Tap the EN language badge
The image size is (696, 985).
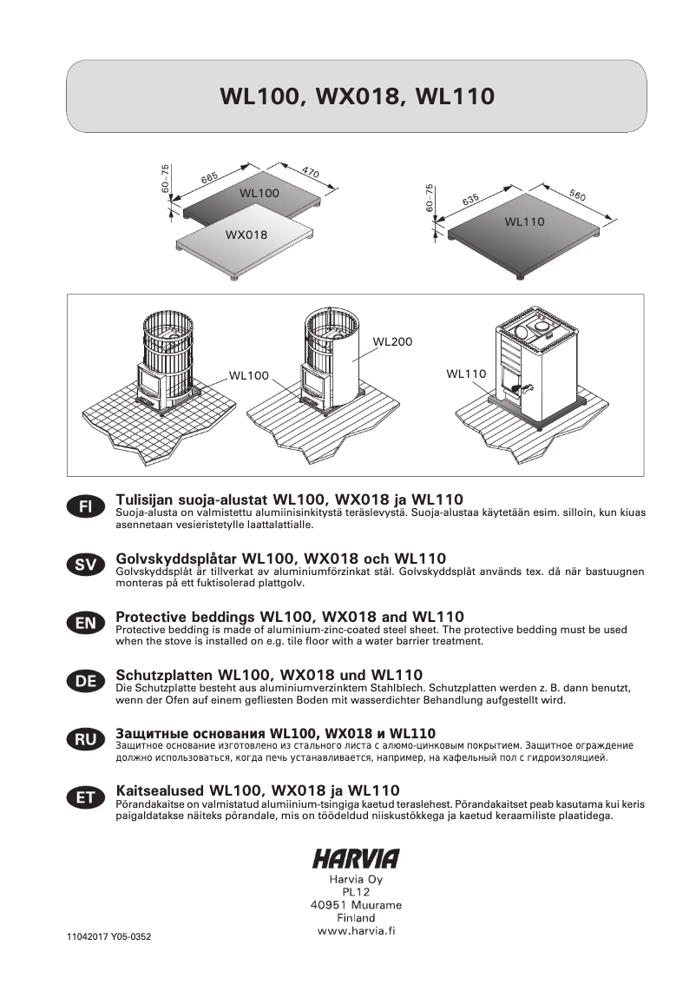(84, 623)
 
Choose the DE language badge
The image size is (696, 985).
(84, 682)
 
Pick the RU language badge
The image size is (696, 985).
(84, 740)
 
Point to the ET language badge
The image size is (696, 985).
(84, 798)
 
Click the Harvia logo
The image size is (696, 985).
(356, 859)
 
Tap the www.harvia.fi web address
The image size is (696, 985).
(357, 931)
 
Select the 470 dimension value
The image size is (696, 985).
(311, 173)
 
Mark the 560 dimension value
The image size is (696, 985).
(578, 195)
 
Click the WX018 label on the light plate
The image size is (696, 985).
(246, 235)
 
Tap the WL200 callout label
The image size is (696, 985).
(392, 342)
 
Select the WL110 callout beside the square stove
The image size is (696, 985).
(466, 374)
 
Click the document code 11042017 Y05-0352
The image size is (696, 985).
(114, 939)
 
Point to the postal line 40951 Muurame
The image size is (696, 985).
(356, 905)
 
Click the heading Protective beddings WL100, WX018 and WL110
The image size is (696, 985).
(289, 616)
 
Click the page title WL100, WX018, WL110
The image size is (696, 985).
(357, 96)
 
